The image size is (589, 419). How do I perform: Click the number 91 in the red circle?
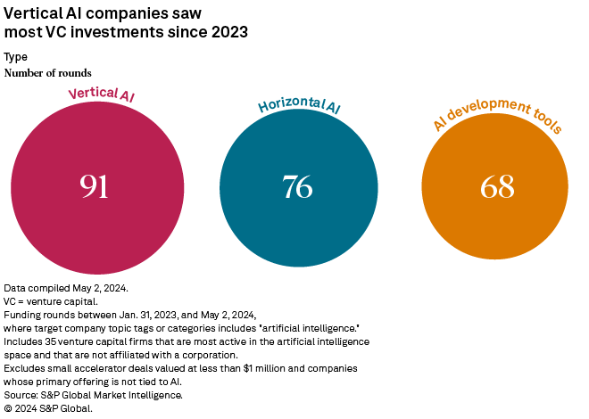[x=94, y=186]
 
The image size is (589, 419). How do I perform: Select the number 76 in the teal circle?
[x=297, y=186]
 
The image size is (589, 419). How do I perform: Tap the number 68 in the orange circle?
[x=497, y=186]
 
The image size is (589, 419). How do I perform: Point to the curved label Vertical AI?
[x=102, y=92]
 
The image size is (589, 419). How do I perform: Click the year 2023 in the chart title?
[x=228, y=33]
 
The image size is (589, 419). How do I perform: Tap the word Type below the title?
[x=16, y=57]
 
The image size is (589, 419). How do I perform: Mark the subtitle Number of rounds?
[x=48, y=72]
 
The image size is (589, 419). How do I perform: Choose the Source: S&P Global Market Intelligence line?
[x=94, y=394]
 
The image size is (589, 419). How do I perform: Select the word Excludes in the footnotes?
[x=26, y=367]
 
